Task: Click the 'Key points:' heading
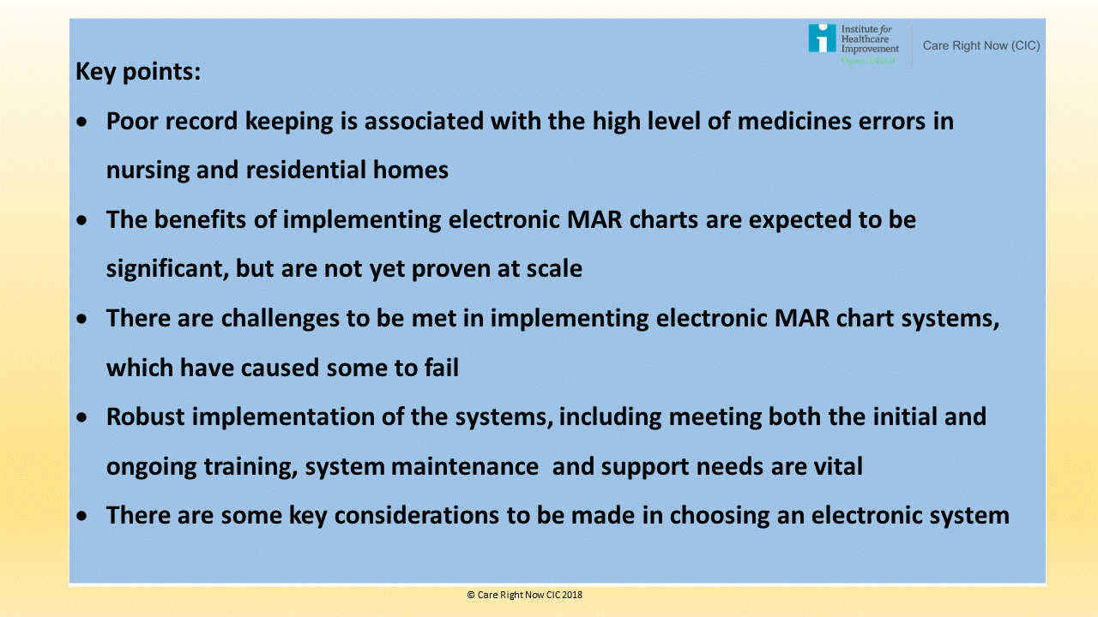(138, 71)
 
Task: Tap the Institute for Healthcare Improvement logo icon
(821, 39)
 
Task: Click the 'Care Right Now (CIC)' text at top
(981, 45)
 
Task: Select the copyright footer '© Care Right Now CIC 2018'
(525, 595)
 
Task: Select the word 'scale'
(553, 269)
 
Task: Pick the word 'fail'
(442, 368)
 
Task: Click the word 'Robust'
(145, 417)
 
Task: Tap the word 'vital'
(835, 467)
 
